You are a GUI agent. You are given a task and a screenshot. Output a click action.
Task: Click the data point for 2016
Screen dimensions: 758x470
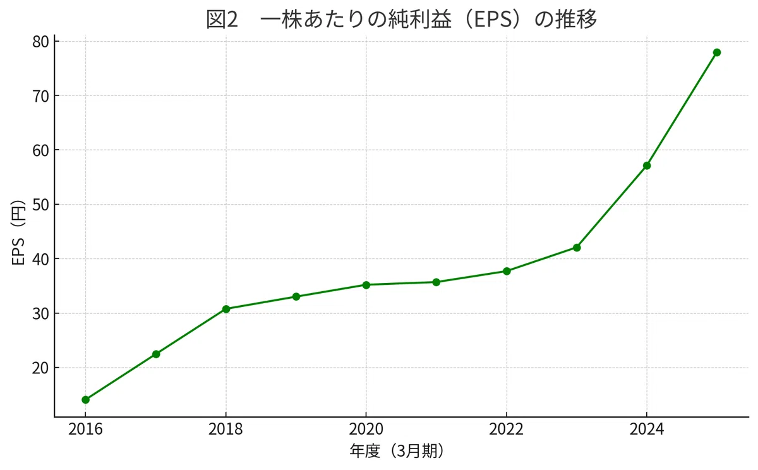coord(86,400)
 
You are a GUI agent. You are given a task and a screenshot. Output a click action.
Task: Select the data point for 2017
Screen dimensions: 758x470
coord(156,354)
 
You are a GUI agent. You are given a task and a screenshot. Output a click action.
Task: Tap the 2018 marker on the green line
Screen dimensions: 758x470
coord(226,309)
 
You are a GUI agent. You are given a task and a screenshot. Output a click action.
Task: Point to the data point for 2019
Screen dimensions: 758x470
coord(296,297)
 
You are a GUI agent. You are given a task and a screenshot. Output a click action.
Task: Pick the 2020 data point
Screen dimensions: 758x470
coord(366,285)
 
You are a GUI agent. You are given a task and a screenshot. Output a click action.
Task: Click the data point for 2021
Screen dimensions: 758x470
coord(436,282)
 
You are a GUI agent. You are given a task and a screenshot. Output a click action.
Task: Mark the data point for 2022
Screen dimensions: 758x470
coord(507,271)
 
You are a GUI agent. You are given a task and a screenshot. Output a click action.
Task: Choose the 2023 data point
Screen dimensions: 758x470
coord(577,248)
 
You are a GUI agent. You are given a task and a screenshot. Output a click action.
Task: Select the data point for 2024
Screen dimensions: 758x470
coord(647,166)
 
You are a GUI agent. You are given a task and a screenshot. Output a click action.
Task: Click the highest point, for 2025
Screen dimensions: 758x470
coord(717,52)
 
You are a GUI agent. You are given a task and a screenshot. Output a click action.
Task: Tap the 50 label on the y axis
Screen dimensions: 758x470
coord(40,205)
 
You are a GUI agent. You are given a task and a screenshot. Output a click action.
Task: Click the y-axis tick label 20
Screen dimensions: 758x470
coord(40,368)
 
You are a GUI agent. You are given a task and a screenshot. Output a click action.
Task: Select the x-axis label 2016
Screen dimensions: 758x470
coord(85,430)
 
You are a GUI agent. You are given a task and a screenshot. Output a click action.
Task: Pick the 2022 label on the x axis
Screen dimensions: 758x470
coord(506,430)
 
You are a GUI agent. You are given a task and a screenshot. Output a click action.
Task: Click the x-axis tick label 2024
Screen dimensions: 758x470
coord(647,430)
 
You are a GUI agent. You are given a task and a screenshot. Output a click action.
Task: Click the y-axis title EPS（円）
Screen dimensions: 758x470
coord(18,233)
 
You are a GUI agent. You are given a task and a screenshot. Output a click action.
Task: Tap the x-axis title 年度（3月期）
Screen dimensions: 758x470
coord(397,451)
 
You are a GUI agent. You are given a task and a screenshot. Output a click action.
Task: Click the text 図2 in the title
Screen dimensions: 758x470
coord(222,20)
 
